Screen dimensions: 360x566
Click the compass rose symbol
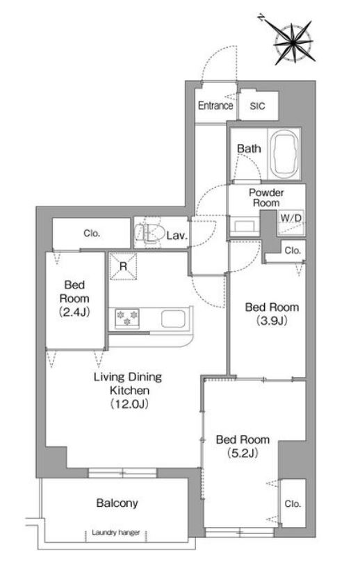(293, 43)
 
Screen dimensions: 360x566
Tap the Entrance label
(215, 106)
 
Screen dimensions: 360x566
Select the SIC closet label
(257, 106)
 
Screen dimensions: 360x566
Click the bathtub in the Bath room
(285, 154)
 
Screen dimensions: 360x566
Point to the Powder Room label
(266, 197)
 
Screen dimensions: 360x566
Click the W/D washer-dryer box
(291, 223)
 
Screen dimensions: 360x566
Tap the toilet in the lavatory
(149, 232)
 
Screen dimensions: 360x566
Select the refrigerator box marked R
(124, 266)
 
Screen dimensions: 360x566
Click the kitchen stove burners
(127, 318)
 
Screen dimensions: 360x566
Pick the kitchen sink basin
(173, 319)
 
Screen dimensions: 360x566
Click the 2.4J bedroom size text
(74, 312)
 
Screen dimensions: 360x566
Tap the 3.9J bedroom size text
(272, 320)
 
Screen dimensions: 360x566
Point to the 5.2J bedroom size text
(243, 453)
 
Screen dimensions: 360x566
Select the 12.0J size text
(129, 404)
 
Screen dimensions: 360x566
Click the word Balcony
(117, 503)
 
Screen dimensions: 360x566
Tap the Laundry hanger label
(115, 533)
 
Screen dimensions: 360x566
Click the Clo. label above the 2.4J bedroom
(92, 234)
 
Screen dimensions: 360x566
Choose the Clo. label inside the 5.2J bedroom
(292, 503)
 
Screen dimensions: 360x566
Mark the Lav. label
(177, 236)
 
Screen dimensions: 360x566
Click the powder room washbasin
(244, 226)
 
